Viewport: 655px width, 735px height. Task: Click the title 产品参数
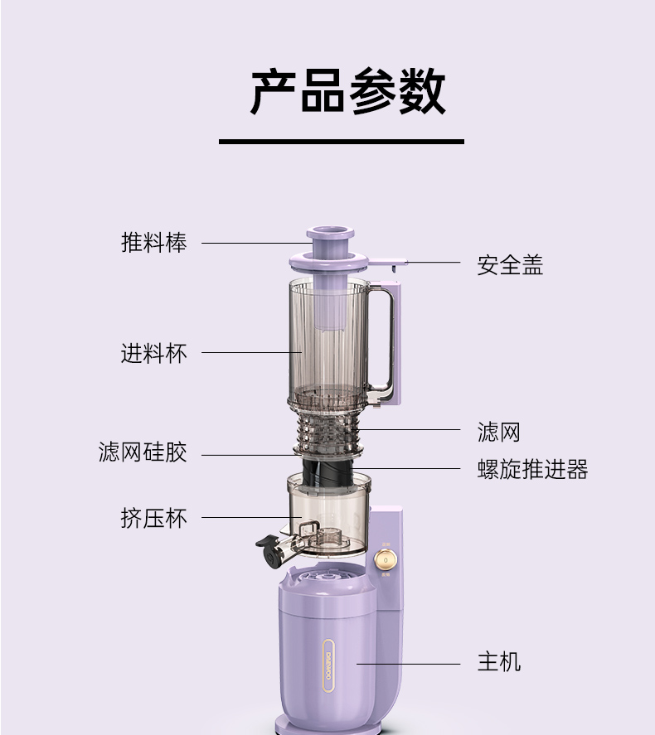click(x=347, y=91)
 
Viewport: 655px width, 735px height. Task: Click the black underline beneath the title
click(x=341, y=142)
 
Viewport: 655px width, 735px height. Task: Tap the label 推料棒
click(x=154, y=243)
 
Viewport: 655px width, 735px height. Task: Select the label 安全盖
click(x=510, y=265)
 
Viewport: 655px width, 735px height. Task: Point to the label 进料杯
click(x=154, y=353)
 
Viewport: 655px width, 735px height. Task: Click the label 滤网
click(x=499, y=432)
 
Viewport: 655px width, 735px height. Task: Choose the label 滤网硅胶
click(x=143, y=452)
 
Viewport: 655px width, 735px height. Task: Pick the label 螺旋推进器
click(x=532, y=470)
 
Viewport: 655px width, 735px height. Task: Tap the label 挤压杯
click(x=154, y=519)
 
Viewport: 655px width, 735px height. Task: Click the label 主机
click(x=499, y=662)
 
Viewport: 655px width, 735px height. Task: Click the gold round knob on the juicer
click(x=385, y=560)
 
